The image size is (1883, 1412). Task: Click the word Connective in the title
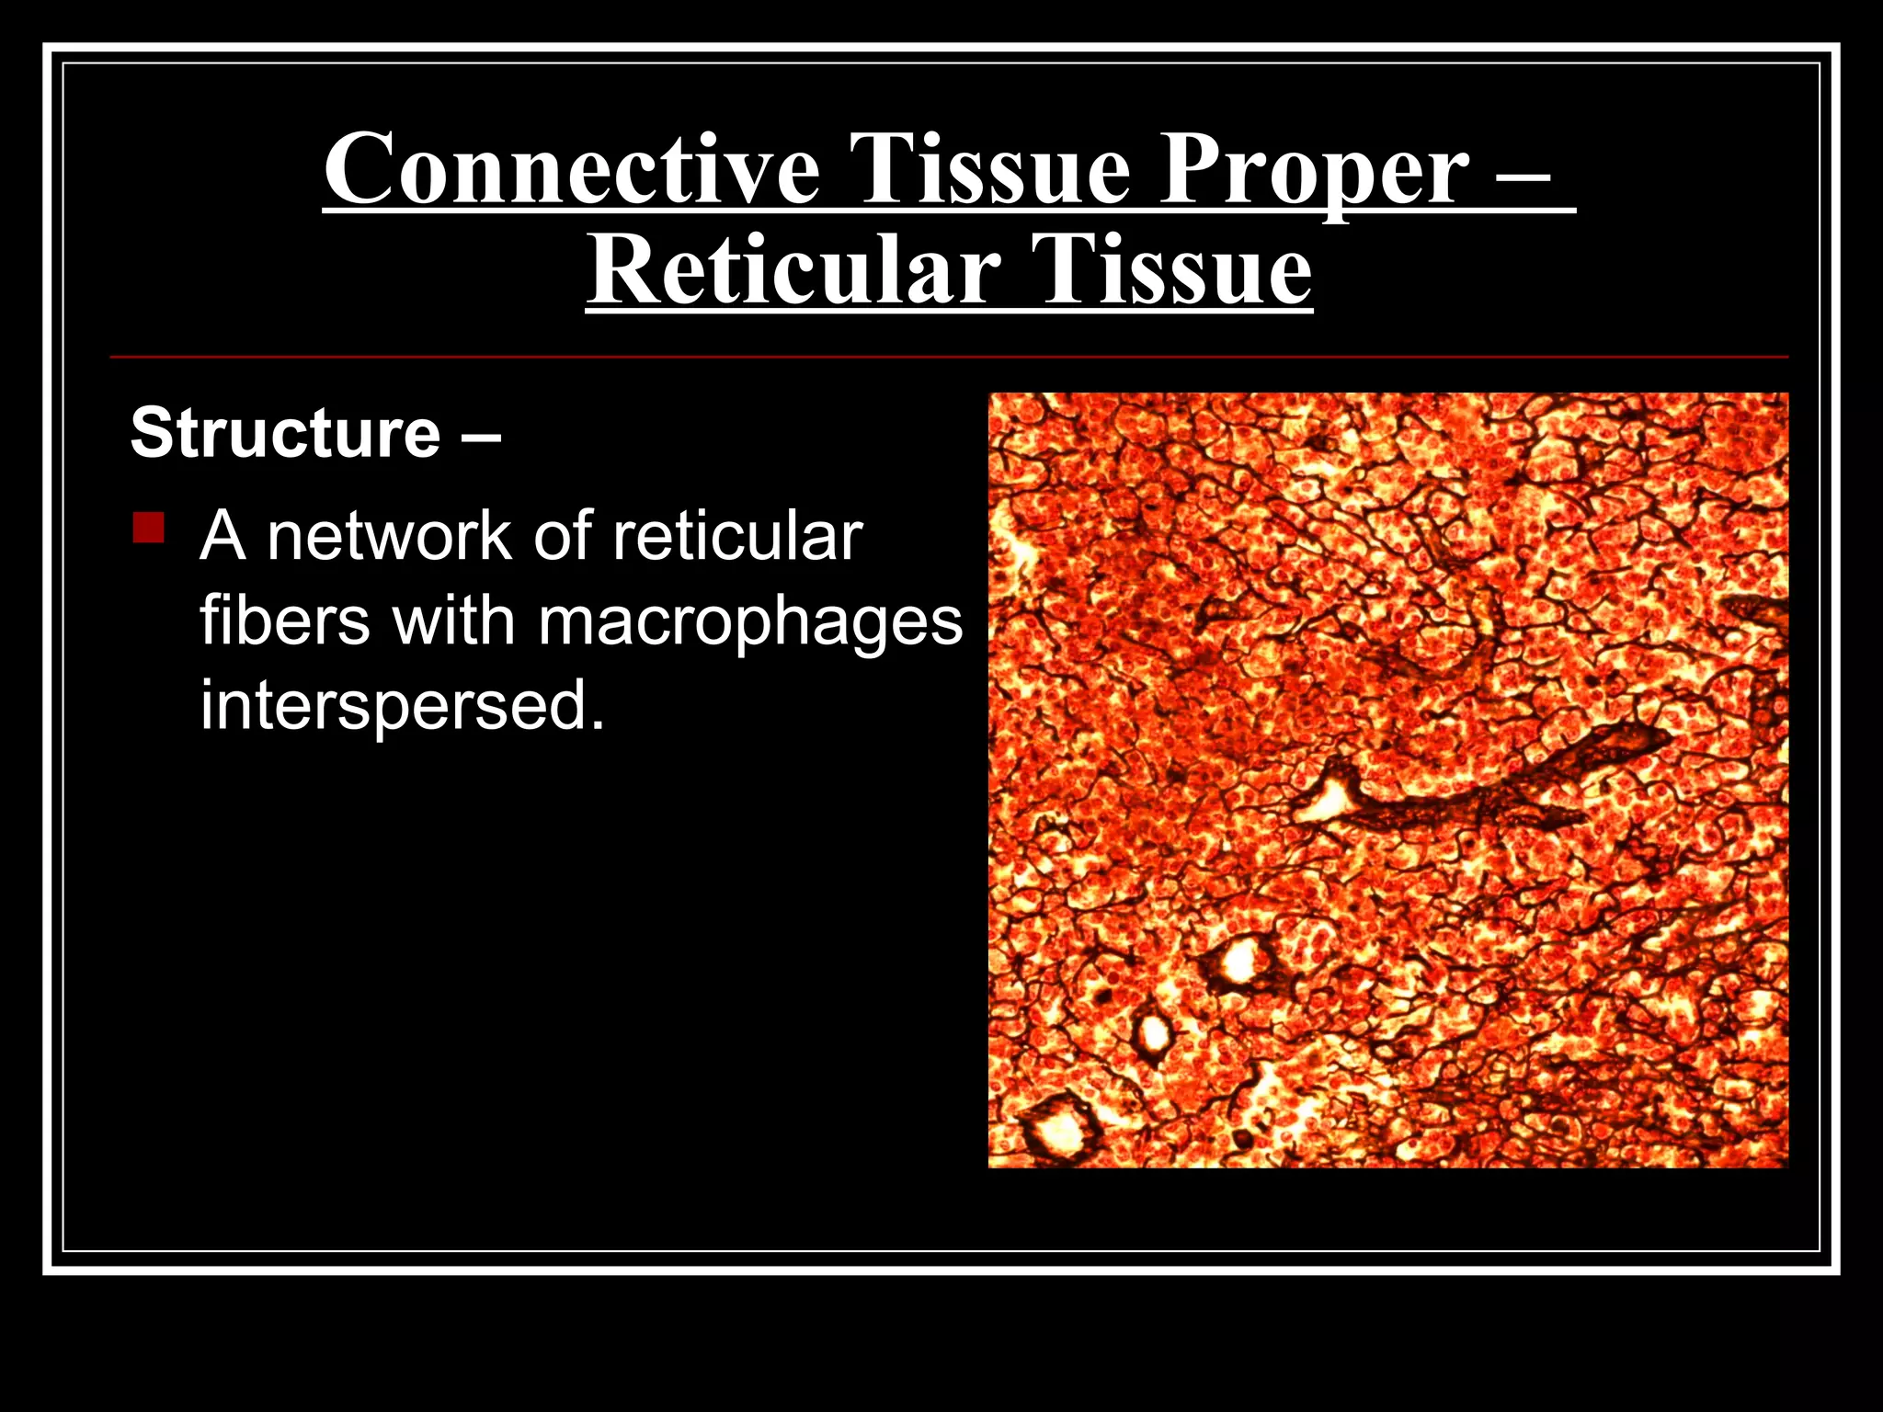pos(571,170)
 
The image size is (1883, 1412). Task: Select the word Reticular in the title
pos(793,271)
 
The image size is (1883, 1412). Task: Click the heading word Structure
pos(286,433)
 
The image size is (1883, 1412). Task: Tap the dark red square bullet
pos(148,529)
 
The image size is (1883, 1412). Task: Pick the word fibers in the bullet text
pos(285,621)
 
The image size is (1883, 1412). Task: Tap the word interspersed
pos(403,706)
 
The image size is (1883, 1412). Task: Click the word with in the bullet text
pos(453,621)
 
